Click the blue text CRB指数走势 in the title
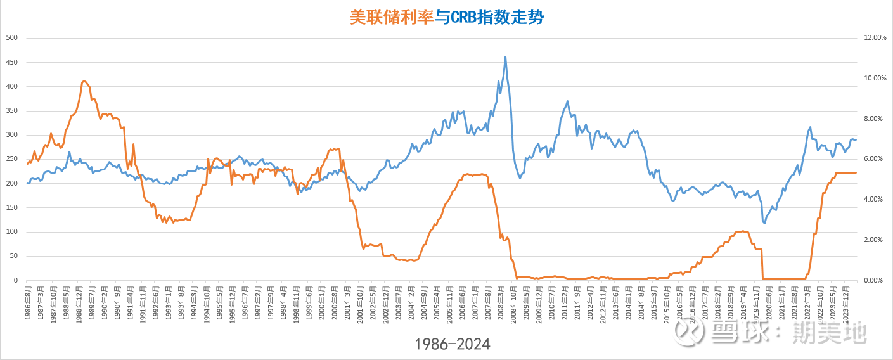[498, 17]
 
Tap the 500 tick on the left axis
[11, 38]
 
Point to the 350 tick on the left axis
[11, 111]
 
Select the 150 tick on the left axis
[11, 208]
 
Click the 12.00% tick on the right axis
[875, 38]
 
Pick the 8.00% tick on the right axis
[875, 119]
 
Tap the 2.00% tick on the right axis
[875, 240]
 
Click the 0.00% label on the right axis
[875, 280]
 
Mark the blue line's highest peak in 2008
[505, 56]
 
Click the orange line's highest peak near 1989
[84, 81]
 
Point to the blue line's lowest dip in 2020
[764, 223]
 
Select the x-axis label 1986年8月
[29, 303]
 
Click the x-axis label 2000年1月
[323, 303]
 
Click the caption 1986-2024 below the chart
[453, 344]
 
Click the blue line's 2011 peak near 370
[567, 101]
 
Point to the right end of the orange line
[856, 172]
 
